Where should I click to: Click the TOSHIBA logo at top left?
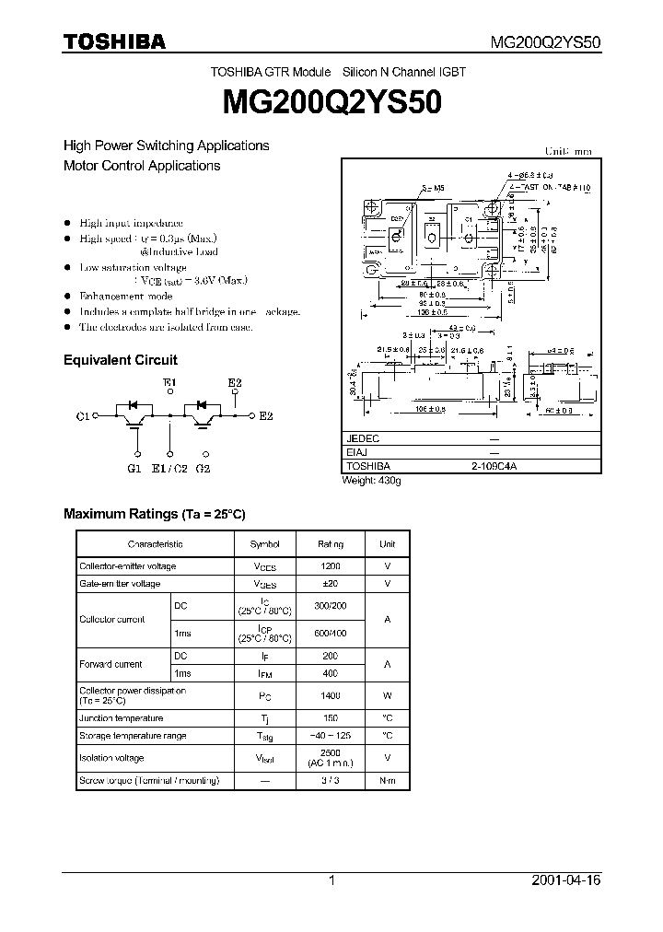point(114,41)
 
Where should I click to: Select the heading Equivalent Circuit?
point(120,360)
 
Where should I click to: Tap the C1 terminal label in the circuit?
point(82,416)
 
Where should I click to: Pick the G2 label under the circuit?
point(203,469)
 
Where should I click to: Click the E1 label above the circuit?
point(169,382)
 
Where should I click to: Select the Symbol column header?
point(266,544)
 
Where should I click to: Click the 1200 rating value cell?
point(331,566)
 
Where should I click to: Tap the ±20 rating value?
point(331,584)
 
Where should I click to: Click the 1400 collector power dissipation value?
point(331,696)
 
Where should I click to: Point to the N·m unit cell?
point(388,780)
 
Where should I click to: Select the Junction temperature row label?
point(122,717)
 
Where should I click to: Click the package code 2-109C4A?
point(494,467)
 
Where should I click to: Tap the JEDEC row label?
point(362,439)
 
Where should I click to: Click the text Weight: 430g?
point(372,481)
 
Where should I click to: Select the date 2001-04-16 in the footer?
point(566,880)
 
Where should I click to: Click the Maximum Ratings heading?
point(154,513)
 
